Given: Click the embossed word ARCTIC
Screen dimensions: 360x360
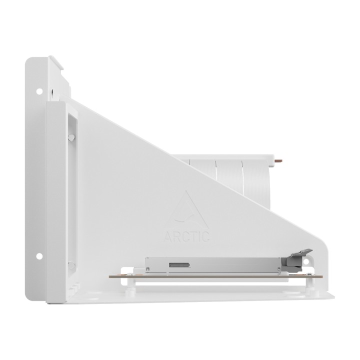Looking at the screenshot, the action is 186,236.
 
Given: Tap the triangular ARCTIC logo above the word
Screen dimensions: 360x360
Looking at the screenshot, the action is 186,210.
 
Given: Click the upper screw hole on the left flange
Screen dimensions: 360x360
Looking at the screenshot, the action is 39,91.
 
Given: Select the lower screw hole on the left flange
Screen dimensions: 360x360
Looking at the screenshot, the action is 39,256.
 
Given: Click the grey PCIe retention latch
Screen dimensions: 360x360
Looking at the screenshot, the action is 297,260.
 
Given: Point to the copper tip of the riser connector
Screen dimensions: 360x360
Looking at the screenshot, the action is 279,161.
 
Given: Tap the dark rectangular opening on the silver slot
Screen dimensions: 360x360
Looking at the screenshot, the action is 179,265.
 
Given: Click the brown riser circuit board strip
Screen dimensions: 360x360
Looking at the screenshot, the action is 216,276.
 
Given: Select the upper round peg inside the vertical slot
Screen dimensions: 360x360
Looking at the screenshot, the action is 71,137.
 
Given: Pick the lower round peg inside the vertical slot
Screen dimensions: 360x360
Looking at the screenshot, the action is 71,265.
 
